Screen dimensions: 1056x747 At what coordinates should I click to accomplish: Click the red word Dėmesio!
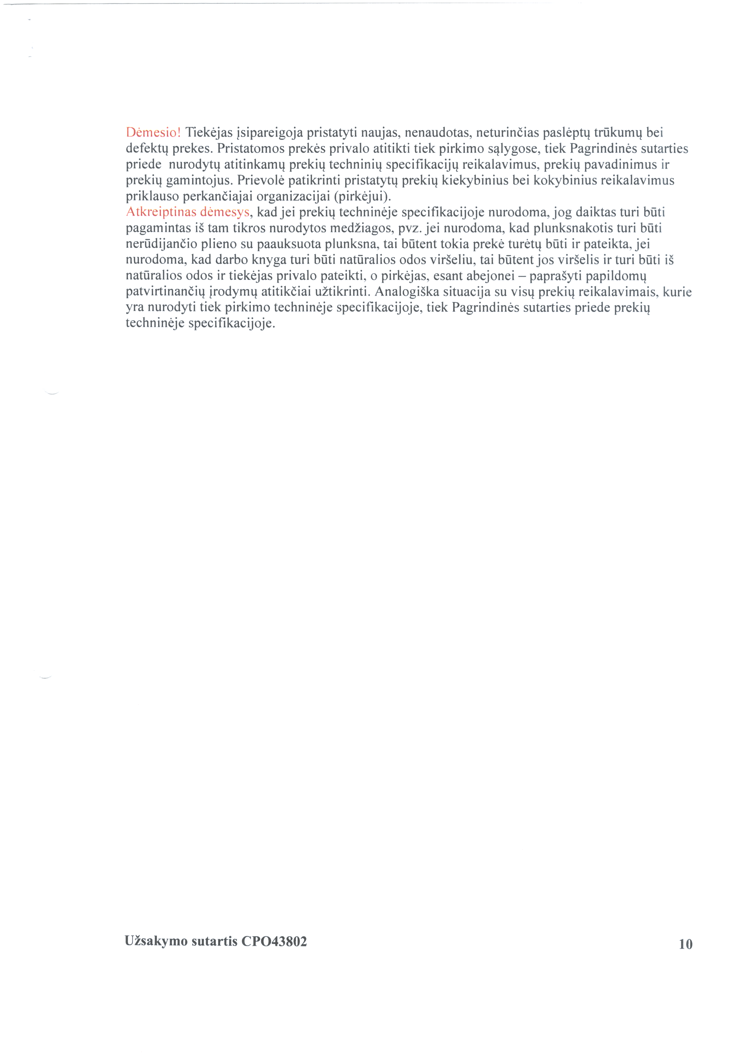pos(154,133)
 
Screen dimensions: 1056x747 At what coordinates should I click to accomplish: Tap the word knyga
pos(269,260)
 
